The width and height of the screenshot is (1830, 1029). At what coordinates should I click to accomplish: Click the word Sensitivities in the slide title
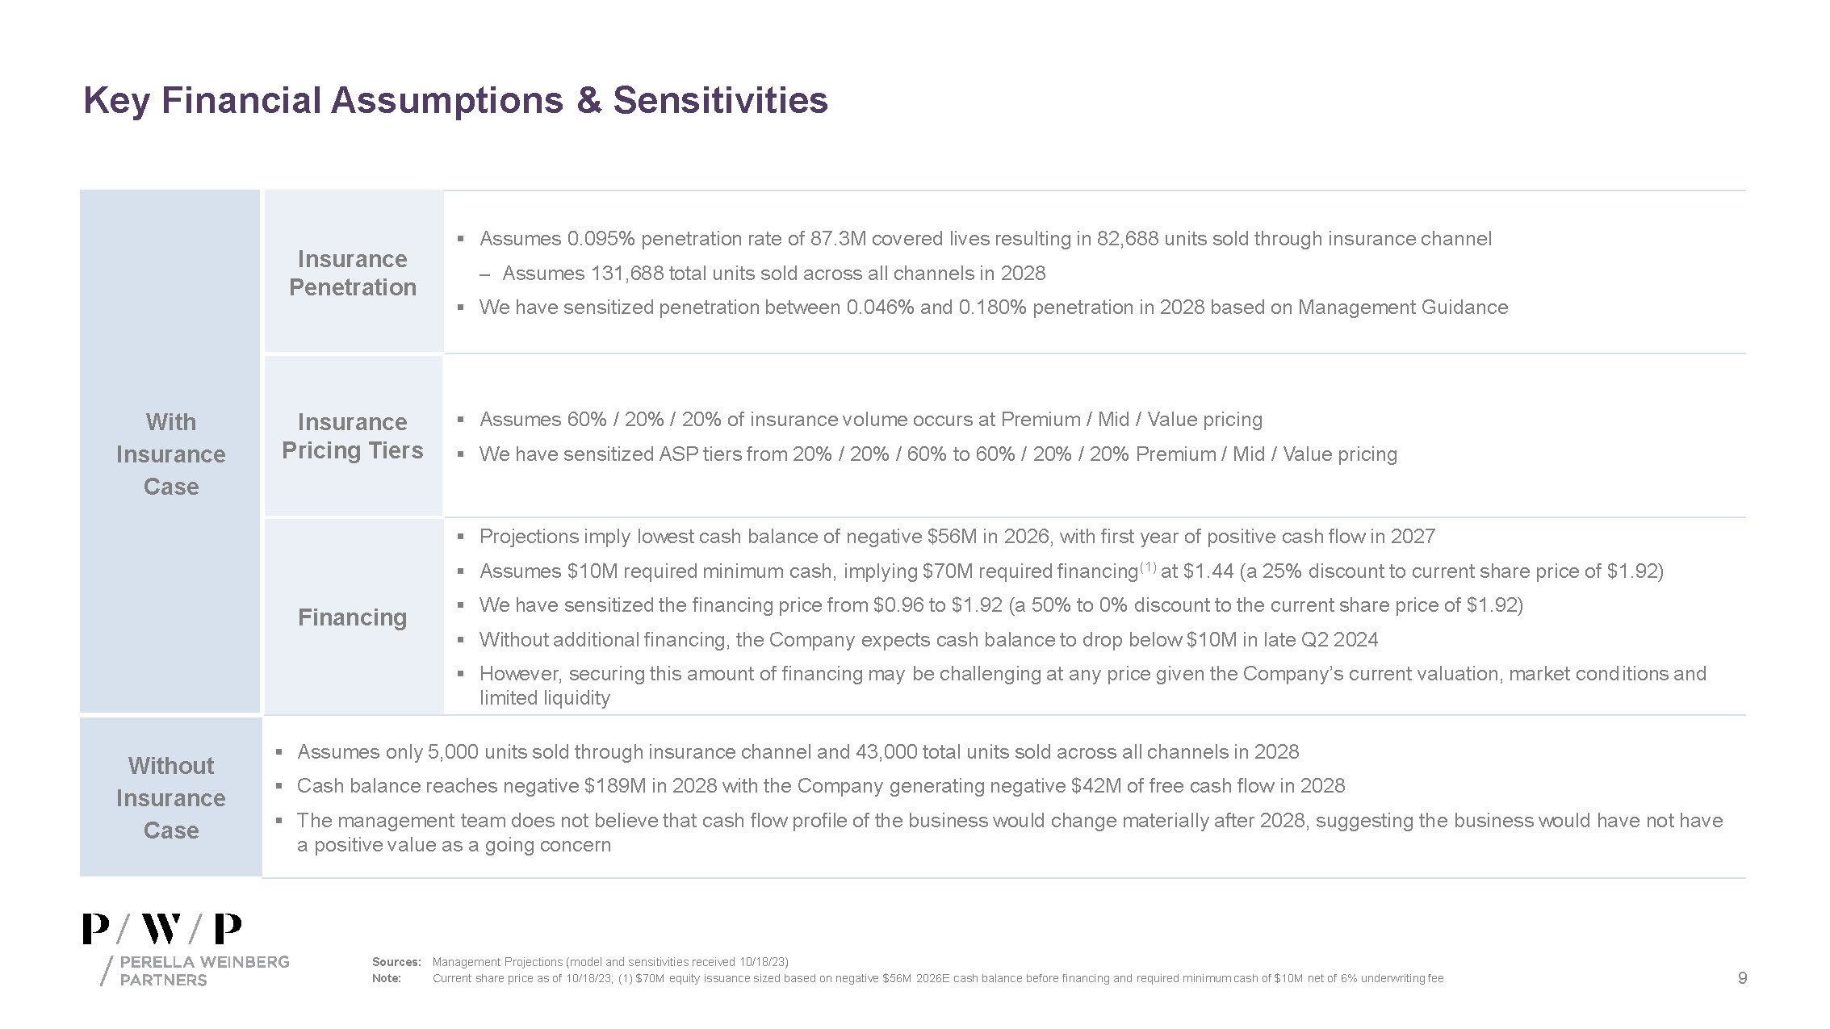click(720, 101)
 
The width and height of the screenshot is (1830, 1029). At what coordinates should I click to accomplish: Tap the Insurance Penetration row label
click(353, 273)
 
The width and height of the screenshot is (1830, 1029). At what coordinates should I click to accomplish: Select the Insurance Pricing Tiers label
click(353, 436)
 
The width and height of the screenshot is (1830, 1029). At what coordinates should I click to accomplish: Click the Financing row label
click(353, 617)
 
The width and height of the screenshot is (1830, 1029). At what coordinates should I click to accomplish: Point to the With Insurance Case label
click(171, 454)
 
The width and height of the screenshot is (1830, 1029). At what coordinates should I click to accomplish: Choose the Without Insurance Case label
click(171, 798)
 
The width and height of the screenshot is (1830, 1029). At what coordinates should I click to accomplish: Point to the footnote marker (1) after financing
click(1148, 567)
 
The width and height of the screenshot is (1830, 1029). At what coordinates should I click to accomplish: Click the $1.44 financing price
click(1208, 571)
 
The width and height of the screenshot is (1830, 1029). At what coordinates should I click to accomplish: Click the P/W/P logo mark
click(162, 930)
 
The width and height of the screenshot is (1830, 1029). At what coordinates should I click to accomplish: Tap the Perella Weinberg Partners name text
click(203, 971)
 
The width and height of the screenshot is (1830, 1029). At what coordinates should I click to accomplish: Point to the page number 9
click(1742, 978)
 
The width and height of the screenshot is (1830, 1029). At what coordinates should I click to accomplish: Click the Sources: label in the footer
click(396, 962)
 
